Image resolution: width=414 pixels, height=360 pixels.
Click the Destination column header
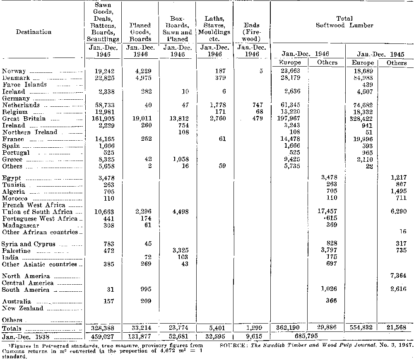click(34, 32)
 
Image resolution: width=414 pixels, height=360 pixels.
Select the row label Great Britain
click(24, 119)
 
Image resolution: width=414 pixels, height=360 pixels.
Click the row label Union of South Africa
click(37, 212)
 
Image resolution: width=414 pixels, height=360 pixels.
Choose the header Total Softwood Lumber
click(344, 22)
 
